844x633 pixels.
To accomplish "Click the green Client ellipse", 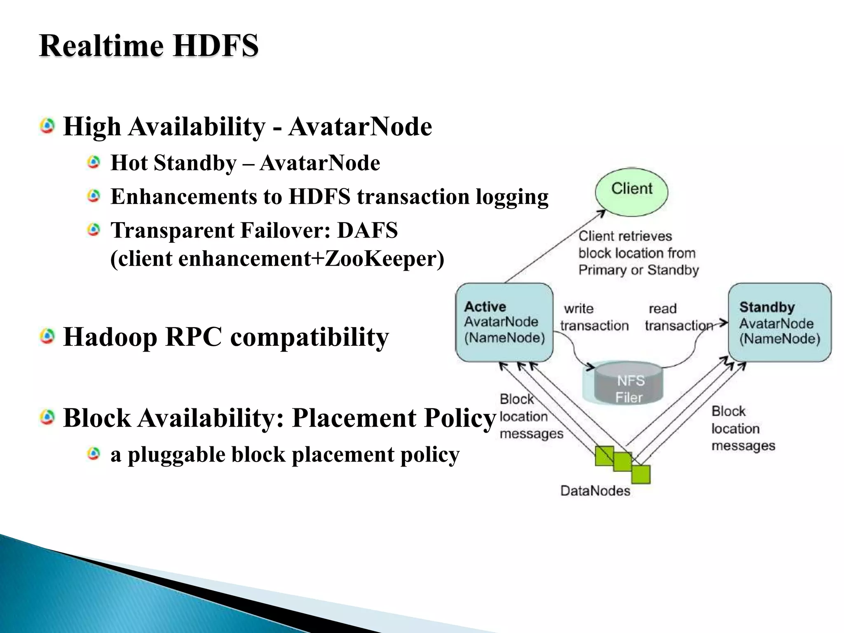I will pos(631,192).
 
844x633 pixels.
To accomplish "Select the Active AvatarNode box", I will pos(504,322).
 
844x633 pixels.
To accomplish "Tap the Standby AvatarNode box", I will pos(779,322).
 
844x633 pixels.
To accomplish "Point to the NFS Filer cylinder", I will pos(629,384).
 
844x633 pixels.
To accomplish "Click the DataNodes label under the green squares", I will pos(595,491).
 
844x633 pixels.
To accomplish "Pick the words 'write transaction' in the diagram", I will pos(594,317).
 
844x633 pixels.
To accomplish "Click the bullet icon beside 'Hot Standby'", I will pos(94,162).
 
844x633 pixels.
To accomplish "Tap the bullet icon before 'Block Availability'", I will pos(47,418).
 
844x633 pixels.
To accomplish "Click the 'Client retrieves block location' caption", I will pos(638,253).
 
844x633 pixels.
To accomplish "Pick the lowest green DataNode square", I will pos(641,474).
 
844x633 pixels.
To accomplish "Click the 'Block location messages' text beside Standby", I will pos(743,429).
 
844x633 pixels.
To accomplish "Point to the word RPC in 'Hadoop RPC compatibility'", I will pos(193,337).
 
